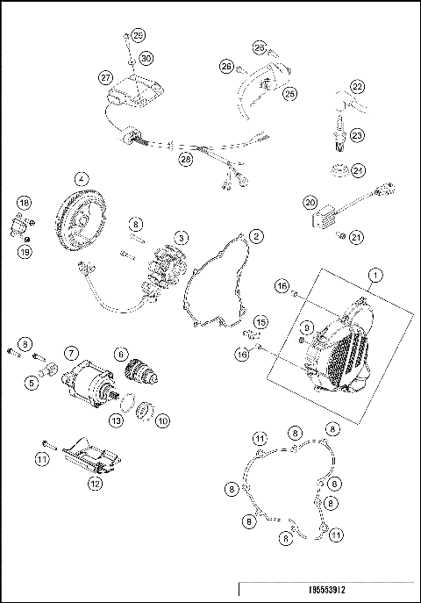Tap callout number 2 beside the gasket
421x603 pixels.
click(x=255, y=236)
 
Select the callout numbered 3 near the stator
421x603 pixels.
click(x=179, y=237)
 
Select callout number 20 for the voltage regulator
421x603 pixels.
click(x=310, y=203)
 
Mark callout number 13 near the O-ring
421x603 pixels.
click(x=115, y=420)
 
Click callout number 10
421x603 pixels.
click(x=162, y=420)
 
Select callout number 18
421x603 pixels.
click(x=25, y=202)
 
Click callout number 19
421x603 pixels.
click(x=25, y=252)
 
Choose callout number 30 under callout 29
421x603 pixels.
click(x=146, y=58)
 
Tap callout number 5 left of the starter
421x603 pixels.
click(x=31, y=382)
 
